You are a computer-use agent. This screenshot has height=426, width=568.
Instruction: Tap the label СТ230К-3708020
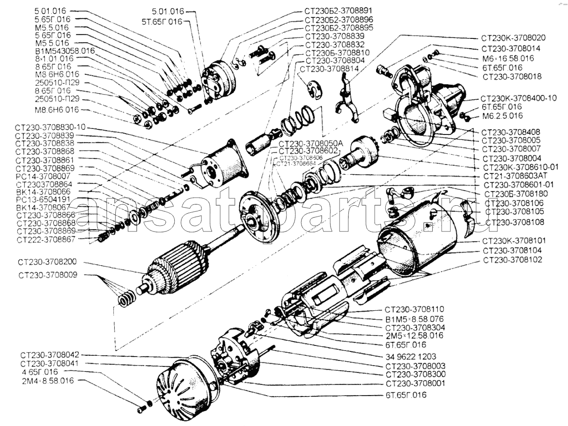click(513, 38)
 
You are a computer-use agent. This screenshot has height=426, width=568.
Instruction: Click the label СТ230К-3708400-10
click(518, 98)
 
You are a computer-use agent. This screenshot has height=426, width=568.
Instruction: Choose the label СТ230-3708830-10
click(51, 128)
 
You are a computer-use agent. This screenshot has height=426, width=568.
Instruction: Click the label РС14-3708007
click(43, 176)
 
